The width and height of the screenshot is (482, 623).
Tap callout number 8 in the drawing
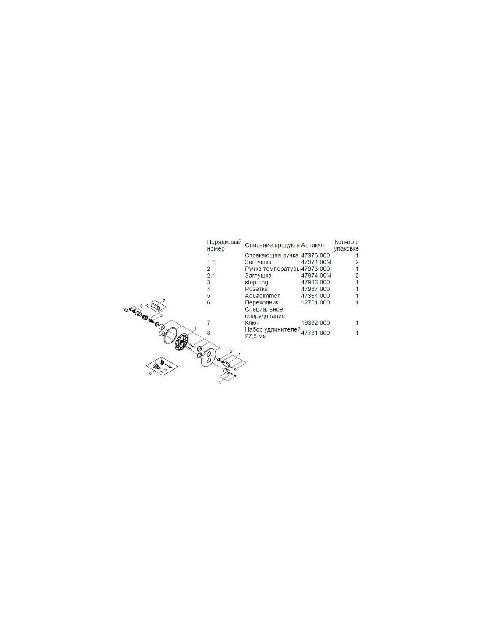(x=150, y=373)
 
